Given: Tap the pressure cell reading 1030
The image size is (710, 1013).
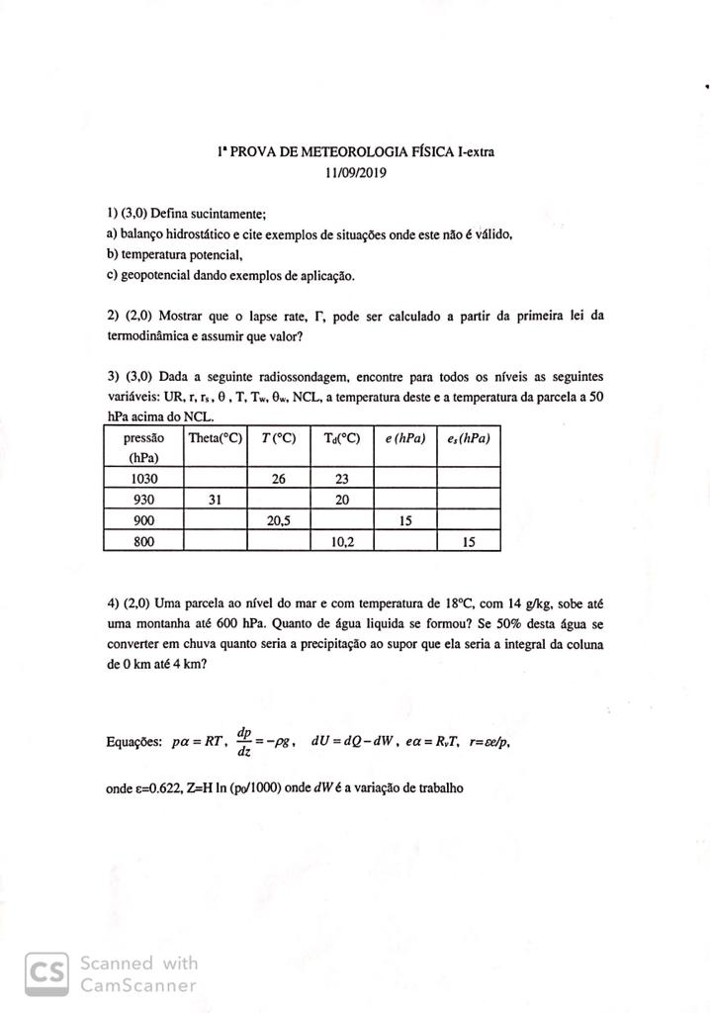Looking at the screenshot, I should point(144,478).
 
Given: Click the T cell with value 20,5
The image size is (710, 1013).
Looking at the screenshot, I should point(279,520).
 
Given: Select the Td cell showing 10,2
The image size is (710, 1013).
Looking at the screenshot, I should point(341,542).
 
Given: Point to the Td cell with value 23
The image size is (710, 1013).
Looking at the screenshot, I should point(341,478).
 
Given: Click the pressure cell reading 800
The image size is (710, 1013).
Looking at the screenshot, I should point(144,542).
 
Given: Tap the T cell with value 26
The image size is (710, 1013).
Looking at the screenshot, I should point(279,478).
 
